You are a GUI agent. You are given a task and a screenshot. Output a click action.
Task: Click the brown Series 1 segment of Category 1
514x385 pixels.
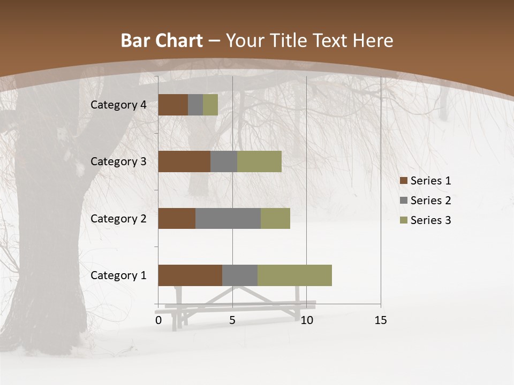click(190, 275)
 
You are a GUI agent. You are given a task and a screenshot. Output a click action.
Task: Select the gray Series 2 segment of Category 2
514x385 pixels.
click(228, 218)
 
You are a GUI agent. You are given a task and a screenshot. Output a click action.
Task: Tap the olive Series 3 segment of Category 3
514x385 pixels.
click(259, 161)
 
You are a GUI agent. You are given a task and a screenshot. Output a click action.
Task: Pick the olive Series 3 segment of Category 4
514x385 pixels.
click(210, 105)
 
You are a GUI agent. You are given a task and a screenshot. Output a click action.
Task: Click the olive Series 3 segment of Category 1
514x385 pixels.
click(294, 275)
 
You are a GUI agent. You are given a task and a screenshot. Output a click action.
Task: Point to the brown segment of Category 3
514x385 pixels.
click(184, 161)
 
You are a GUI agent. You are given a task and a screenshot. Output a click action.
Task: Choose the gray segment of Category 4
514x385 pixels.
click(195, 105)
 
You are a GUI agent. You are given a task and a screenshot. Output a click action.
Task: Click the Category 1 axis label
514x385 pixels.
click(118, 275)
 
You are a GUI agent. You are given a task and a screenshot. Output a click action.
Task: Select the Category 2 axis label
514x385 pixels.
click(118, 218)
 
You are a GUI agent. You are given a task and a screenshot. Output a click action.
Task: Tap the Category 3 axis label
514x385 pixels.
click(118, 161)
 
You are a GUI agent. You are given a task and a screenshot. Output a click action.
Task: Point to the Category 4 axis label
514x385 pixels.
click(118, 105)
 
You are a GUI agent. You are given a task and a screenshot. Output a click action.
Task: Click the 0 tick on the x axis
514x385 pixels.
click(158, 320)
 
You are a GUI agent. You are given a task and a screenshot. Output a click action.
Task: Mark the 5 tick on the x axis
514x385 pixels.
click(232, 320)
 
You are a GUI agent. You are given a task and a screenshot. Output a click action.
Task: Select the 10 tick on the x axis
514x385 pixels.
click(306, 320)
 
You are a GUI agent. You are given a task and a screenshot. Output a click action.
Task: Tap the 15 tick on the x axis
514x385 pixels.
click(381, 320)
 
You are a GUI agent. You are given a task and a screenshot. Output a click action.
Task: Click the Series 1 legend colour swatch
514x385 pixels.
click(403, 181)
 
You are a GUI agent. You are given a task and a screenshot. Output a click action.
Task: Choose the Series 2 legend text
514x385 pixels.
click(431, 201)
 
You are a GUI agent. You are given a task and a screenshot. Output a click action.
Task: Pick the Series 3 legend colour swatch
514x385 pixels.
click(403, 220)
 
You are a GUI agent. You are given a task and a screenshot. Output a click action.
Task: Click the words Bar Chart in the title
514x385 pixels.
click(162, 41)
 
